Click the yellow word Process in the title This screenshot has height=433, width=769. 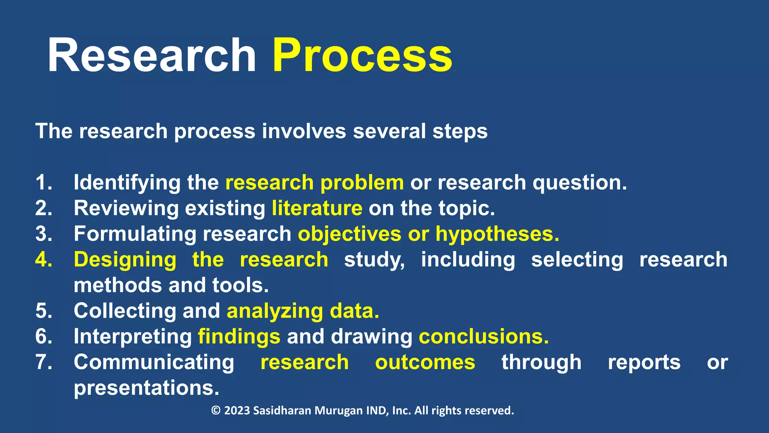pos(362,56)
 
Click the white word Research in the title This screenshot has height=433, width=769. pos(152,56)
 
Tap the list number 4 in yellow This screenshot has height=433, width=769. pos(44,260)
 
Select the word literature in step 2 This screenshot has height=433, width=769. pos(317,208)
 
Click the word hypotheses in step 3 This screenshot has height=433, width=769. pos(497,234)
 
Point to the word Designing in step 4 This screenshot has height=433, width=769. pos(125,260)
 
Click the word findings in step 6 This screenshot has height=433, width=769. pos(239,336)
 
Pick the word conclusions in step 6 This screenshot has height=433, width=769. pos(484,336)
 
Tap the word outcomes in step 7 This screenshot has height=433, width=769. pos(425,362)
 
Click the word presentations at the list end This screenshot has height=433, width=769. pos(146,388)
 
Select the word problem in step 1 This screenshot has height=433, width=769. pos(362,183)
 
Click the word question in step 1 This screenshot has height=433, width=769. pos(579,183)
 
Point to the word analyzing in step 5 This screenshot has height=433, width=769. pos(275,311)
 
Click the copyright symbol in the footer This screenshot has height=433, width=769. pos(216,410)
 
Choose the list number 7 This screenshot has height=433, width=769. pos(44,362)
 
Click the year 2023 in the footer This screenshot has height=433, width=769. pos(237,410)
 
